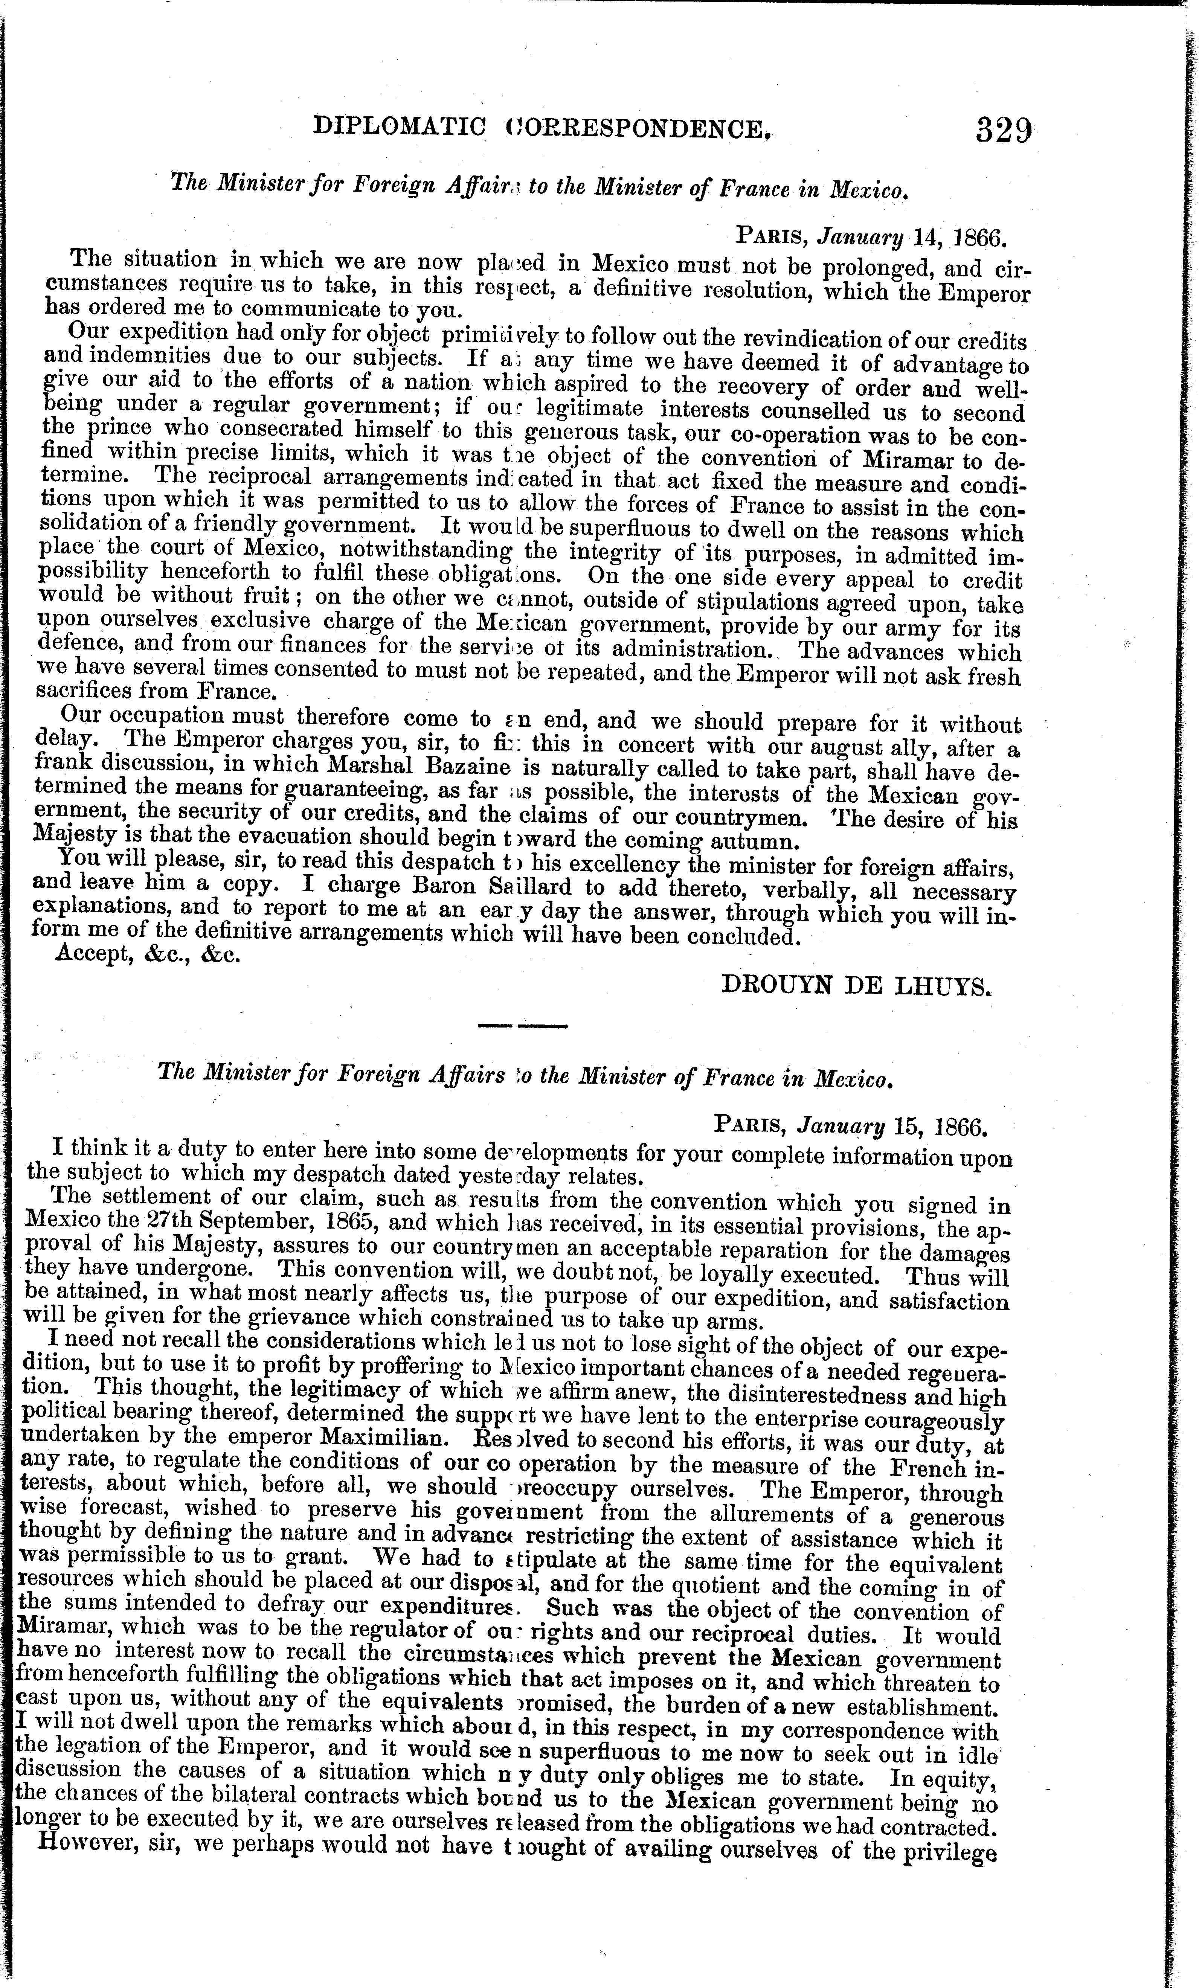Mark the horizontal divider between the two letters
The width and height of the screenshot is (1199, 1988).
point(523,1026)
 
